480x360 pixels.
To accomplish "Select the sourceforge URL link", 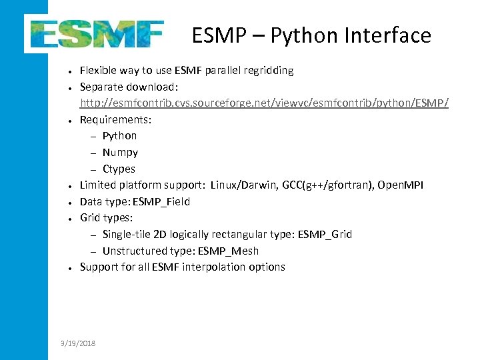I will [264, 103].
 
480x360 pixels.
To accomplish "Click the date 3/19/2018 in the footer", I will [77, 343].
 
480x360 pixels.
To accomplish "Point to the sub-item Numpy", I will [120, 152].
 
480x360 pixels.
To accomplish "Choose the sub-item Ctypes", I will [119, 169].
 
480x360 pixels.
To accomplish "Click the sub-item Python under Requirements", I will [119, 135].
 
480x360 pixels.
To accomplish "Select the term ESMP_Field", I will [161, 201].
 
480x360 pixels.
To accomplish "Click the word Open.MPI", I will [400, 185].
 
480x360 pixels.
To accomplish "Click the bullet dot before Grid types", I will [69, 219].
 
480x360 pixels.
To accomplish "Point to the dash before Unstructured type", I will [93, 251].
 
